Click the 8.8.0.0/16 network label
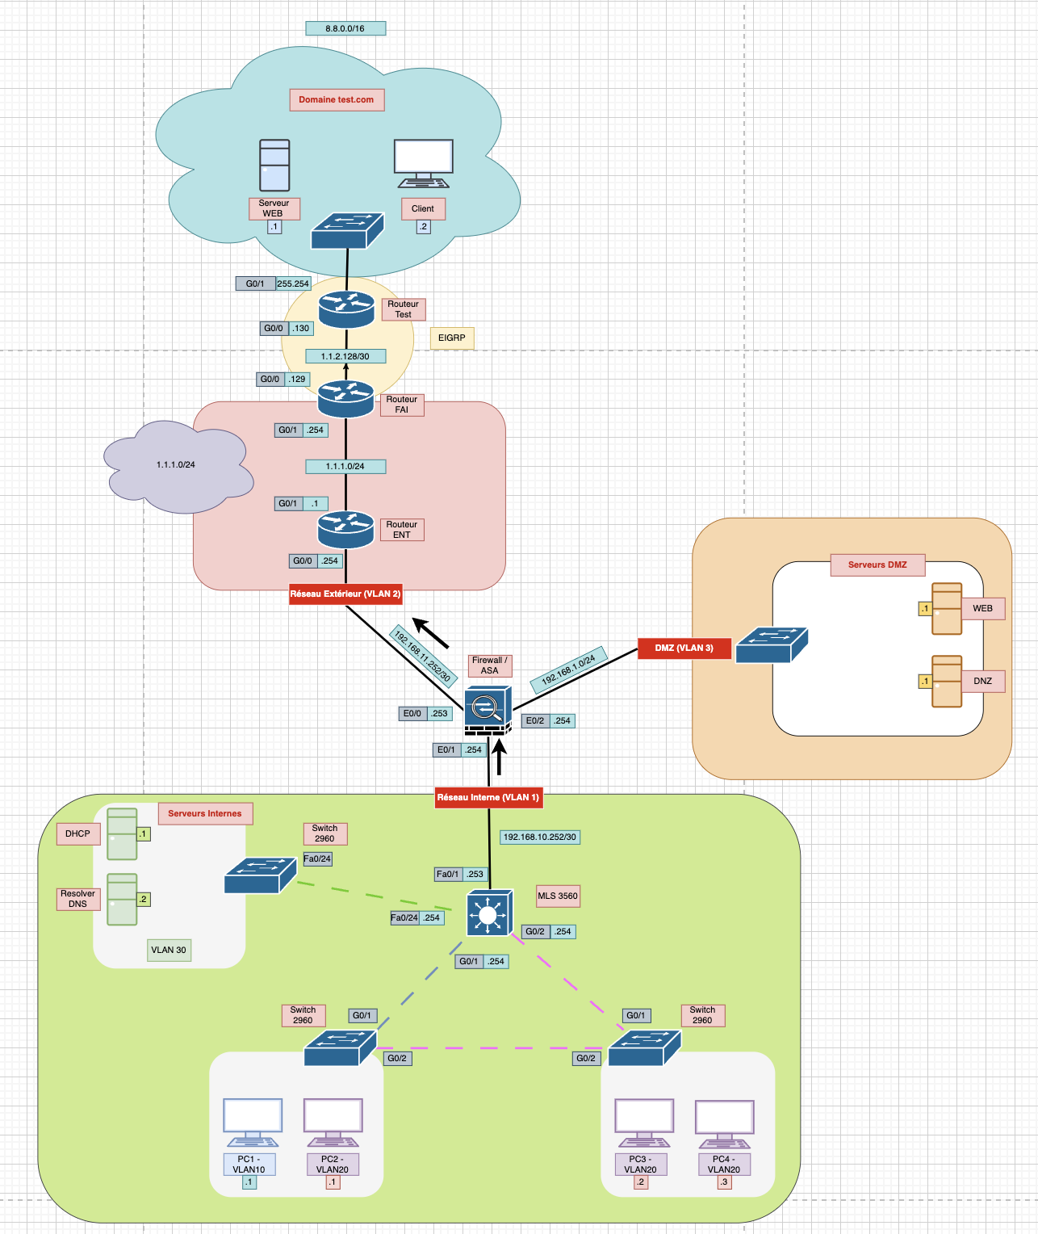345,28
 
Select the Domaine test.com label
337,100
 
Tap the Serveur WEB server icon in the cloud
274,166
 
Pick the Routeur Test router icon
346,310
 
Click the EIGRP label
451,338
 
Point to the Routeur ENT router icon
345,530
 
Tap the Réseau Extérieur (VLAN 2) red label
345,594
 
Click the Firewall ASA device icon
488,710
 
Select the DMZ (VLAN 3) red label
684,648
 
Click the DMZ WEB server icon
947,609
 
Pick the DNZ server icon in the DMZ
947,682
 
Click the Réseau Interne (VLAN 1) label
488,798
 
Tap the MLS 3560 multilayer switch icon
489,913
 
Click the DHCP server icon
122,834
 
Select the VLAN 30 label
169,950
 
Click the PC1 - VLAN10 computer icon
253,1123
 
